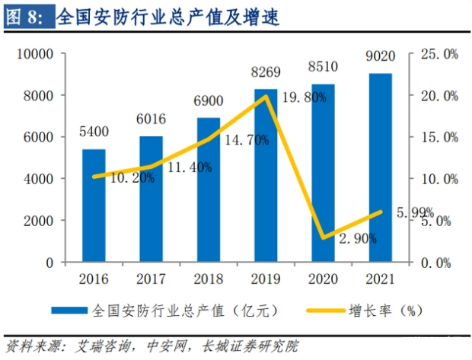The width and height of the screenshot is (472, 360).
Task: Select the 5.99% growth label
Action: pos(414,212)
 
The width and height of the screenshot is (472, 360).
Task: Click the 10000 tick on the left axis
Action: pos(33,55)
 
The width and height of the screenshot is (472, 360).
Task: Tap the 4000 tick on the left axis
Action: pos(37,180)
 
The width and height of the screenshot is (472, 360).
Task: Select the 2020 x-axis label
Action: pos(323,280)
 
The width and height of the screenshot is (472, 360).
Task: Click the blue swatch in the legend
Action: pos(69,311)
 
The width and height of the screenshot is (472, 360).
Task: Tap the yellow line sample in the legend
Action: pos(323,311)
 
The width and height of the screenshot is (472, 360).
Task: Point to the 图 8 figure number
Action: pos(25,16)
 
